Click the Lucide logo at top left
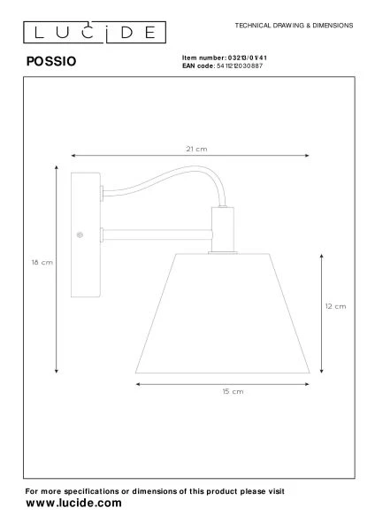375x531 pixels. [93, 33]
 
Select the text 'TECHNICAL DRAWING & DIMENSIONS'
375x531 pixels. [294, 25]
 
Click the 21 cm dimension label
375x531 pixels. [196, 150]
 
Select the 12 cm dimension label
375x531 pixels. [334, 306]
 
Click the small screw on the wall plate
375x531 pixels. [80, 235]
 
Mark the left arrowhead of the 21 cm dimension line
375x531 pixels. [73, 157]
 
